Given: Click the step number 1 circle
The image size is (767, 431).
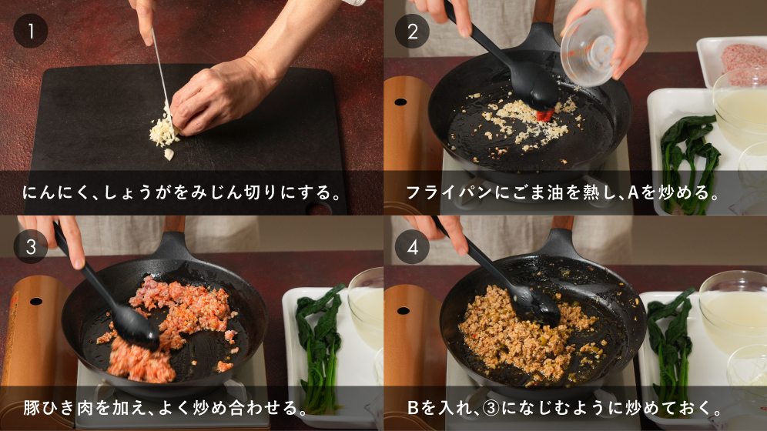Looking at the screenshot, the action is (30, 31).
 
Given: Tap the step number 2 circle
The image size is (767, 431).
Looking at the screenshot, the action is (412, 31).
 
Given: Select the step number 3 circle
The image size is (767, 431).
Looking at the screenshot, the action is (30, 247).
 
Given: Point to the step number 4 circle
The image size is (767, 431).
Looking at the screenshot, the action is (412, 247).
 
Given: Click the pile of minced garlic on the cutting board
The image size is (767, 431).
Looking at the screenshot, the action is (163, 133).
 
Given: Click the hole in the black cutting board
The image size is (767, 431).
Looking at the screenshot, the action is (318, 209).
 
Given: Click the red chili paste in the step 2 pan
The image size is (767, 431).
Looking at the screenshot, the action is (545, 115).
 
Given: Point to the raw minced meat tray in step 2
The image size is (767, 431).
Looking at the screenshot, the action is (732, 61).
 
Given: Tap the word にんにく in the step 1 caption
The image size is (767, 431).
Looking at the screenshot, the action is (55, 192).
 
